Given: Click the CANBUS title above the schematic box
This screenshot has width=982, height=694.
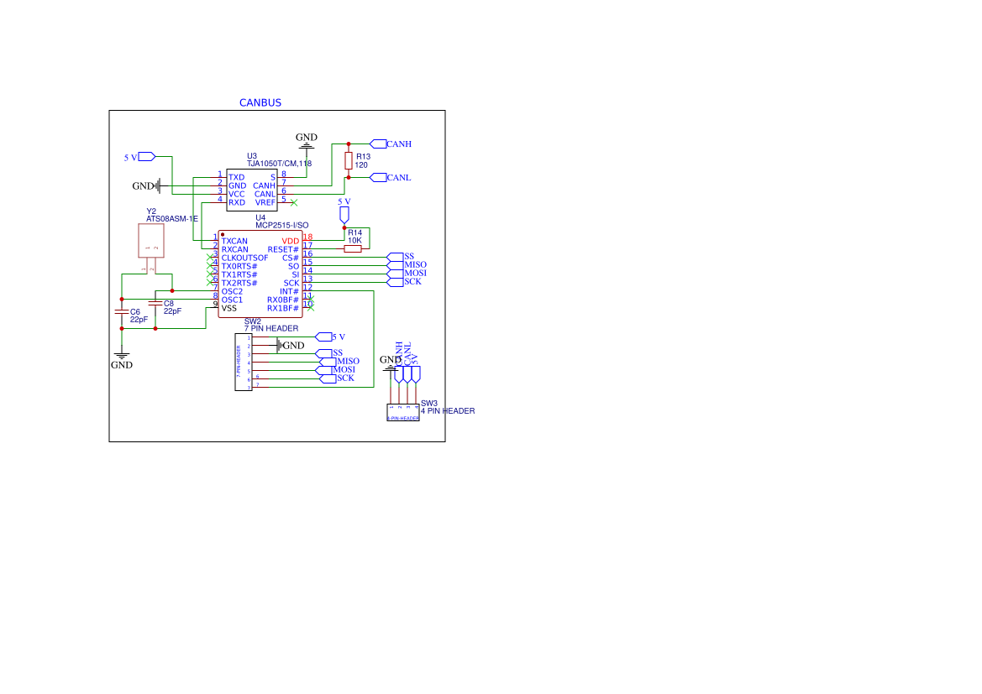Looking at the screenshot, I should pos(260,102).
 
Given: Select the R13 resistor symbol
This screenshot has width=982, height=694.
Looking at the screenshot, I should pos(349,160).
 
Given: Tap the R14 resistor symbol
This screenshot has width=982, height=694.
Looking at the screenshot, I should pos(353,248).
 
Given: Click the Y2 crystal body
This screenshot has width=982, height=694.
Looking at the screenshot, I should pos(151,241).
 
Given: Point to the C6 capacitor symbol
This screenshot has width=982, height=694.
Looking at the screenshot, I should pos(122,311).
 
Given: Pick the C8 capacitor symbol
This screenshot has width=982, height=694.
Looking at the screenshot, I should pos(155,302).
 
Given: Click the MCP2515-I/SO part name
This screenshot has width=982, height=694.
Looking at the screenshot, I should pos(282,226).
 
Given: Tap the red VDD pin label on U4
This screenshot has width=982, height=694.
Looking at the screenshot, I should pos(290,241).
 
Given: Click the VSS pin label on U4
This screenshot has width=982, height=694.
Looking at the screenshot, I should pos(230,308).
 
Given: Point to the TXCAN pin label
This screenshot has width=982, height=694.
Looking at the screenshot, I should pos(234,241).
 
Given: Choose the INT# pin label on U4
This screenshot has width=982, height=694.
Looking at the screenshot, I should pos(289,291).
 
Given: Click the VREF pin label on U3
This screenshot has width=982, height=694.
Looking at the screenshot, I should pos(265,202).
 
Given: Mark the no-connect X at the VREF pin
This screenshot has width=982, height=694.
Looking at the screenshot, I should pos(293,202).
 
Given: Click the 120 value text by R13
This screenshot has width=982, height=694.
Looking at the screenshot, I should pos(361,165).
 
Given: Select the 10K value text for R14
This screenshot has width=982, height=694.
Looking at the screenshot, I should pos(354,240).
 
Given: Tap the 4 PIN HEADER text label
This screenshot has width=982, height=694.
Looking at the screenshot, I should pos(448,411).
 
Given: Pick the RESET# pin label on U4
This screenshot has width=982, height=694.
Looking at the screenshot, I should pos(283,249).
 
